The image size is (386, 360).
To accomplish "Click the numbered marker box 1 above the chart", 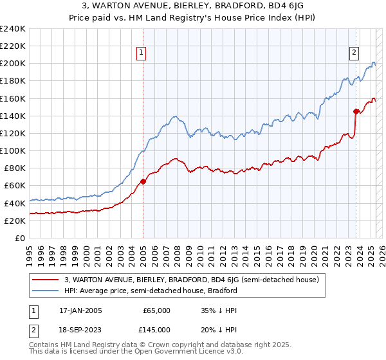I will [x=140, y=53].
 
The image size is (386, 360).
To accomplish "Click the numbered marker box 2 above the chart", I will [x=354, y=53].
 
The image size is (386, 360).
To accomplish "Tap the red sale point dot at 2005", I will [x=143, y=181].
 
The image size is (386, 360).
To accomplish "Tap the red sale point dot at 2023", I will [x=356, y=111].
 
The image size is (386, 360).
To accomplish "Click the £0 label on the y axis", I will [x=20, y=238].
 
